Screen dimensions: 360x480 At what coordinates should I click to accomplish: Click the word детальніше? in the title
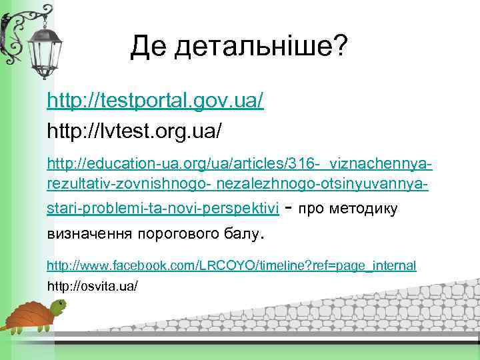point(258,47)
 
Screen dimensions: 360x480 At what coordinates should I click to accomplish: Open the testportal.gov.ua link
point(155,101)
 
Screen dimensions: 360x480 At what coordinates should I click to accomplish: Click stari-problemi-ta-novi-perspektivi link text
point(162,209)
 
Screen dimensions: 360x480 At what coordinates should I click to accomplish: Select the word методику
point(367,209)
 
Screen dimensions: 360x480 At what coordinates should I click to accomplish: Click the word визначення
point(89,234)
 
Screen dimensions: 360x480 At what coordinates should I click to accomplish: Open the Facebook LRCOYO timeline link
point(231,265)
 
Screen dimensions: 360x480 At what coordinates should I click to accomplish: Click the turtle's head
point(60,307)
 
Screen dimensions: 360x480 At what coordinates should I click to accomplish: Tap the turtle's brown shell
point(27,313)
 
